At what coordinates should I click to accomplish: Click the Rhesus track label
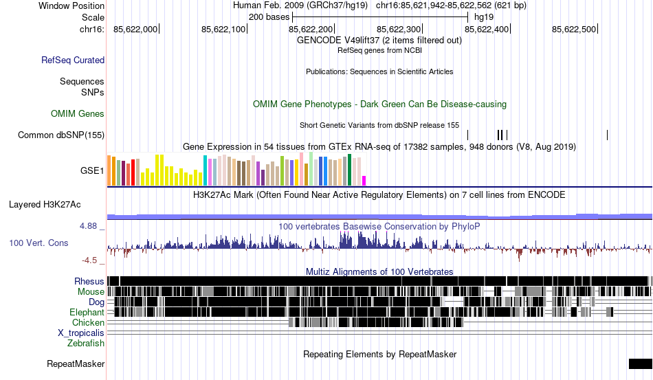tap(89, 281)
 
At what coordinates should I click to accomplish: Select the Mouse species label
tap(91, 291)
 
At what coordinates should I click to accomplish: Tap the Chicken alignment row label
tap(89, 322)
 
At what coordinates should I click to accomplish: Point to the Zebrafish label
tap(86, 343)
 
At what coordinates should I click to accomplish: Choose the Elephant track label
tap(87, 312)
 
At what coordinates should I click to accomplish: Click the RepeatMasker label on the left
tap(76, 364)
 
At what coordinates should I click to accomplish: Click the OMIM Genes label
tap(78, 113)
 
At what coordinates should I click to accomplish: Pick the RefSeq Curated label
tap(73, 60)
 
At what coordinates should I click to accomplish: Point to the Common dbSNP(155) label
tap(61, 135)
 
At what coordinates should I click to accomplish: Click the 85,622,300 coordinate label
tap(399, 30)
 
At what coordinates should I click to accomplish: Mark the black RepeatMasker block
tap(639, 364)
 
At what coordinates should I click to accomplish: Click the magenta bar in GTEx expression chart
tap(364, 180)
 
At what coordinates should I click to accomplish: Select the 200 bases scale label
tap(269, 16)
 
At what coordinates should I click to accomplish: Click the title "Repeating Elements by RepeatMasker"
tap(380, 354)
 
